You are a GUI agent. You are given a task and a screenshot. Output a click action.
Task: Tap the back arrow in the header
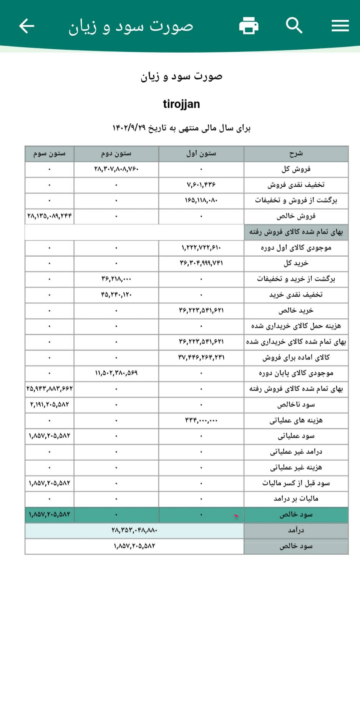(27, 26)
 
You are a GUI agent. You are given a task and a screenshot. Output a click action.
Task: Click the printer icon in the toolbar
(249, 26)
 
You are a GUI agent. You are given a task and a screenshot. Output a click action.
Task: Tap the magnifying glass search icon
(294, 26)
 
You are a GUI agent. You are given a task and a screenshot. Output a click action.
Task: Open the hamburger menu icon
(340, 26)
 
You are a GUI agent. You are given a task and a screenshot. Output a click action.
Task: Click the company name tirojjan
(181, 104)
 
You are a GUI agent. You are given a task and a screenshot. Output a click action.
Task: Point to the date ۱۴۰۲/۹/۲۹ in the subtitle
(129, 128)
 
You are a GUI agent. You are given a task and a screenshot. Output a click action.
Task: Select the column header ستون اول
(201, 154)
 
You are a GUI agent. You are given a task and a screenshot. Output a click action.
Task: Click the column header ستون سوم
(49, 154)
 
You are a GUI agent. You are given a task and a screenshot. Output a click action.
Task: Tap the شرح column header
(296, 154)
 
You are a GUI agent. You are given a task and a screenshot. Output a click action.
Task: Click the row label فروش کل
(296, 169)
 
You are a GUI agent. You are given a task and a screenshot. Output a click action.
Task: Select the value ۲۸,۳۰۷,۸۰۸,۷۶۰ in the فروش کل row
(116, 169)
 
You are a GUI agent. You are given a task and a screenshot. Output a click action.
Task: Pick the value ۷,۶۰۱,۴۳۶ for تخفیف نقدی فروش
(201, 185)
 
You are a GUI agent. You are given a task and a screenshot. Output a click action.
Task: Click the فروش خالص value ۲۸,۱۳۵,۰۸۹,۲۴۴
(49, 216)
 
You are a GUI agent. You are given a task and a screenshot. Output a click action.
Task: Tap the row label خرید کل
(296, 264)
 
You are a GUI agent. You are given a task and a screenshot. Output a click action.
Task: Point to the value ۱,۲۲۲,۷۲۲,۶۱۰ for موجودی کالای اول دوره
(201, 248)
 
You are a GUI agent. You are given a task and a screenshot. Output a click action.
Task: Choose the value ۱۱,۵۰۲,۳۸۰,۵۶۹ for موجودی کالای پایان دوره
(116, 373)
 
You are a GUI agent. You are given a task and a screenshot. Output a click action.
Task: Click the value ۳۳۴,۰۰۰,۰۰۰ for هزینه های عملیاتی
(201, 420)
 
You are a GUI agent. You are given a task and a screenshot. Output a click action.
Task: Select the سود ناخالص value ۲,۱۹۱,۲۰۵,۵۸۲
(49, 405)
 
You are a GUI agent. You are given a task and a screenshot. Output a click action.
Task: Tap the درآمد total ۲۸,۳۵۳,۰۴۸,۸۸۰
(134, 530)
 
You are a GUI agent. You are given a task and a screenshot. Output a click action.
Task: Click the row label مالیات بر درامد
(296, 499)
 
